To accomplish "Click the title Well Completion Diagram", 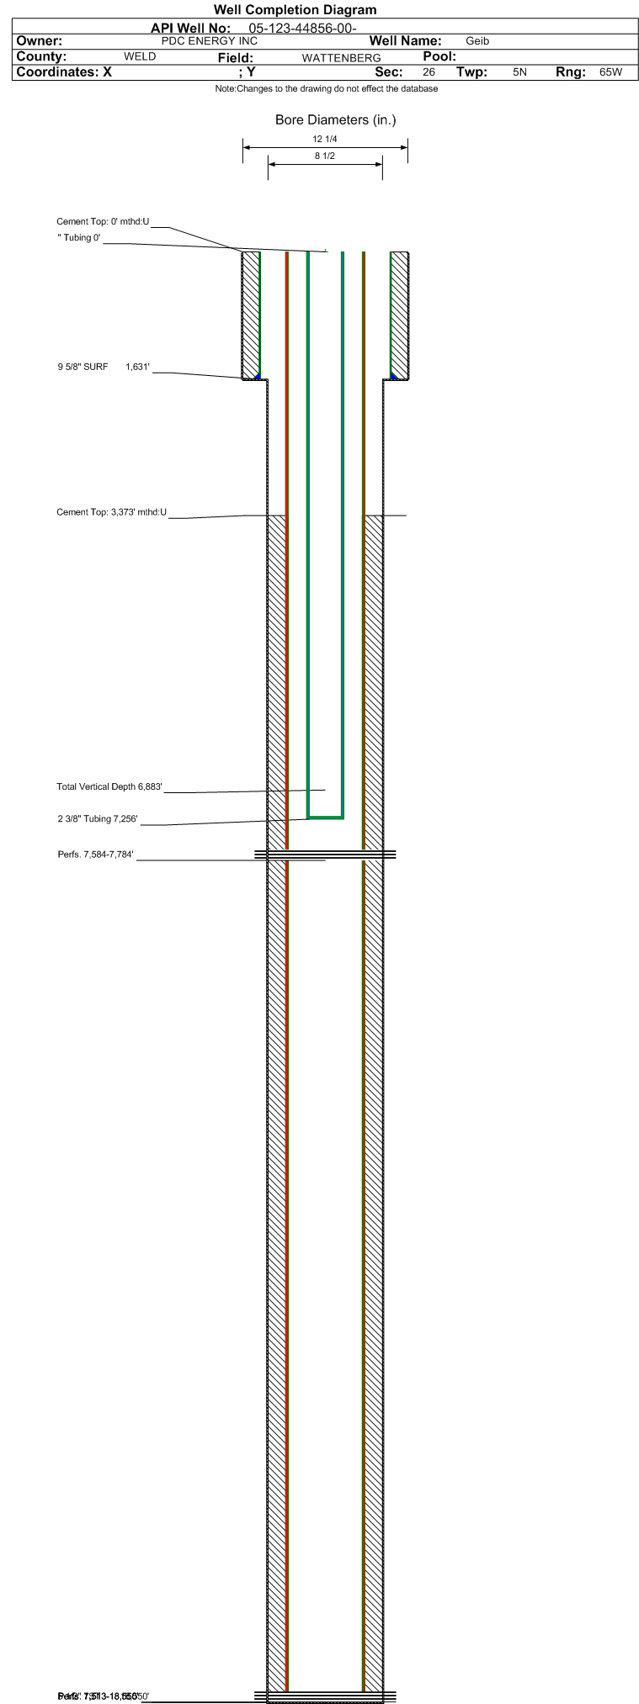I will point(295,10).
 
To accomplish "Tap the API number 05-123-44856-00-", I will point(297,29).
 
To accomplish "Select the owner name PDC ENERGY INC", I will point(209,41).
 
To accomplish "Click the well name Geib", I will point(477,41).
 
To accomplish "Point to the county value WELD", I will point(140,57).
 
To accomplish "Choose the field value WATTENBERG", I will point(341,58).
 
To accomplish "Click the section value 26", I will point(429,72).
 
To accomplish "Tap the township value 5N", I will point(519,72).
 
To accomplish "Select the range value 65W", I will point(610,72).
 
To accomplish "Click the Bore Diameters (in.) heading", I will point(335,120).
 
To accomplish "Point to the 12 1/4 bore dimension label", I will point(325,140).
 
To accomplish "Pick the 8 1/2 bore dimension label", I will point(325,156).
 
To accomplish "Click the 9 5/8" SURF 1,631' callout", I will point(104,367).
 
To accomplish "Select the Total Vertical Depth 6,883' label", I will point(109,787).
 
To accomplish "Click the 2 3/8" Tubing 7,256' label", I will point(97,819).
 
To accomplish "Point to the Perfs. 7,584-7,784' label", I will point(95,855).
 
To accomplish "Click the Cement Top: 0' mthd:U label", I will point(103,222).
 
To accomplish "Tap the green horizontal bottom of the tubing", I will point(325,817).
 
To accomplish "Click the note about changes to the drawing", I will point(326,89).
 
